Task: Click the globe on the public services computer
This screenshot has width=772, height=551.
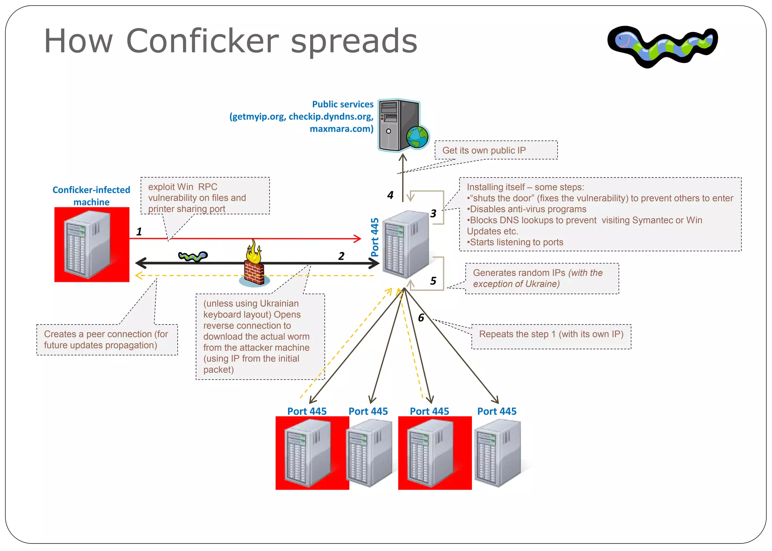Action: coord(417,136)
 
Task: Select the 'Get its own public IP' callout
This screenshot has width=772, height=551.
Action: coord(496,150)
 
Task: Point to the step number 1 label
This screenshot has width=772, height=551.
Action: coord(139,231)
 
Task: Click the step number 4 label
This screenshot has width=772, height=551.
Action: coord(390,195)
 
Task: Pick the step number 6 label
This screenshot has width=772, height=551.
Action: coord(421,318)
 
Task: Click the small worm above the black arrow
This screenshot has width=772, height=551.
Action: coord(193,256)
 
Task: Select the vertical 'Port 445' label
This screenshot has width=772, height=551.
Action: coord(374,237)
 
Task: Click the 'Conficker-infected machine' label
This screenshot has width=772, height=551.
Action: coord(91,196)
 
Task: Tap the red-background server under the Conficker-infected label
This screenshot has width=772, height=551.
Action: coord(92,244)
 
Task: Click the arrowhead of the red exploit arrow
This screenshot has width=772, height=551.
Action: coord(357,238)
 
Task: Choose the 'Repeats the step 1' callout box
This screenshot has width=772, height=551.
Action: coord(551,336)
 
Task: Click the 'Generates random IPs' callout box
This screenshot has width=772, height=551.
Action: coord(542,278)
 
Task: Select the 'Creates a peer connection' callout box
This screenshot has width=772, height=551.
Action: coord(107,339)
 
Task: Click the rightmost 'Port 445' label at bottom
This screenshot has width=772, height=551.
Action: coord(496,411)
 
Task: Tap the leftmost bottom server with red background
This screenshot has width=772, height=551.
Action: coord(312,453)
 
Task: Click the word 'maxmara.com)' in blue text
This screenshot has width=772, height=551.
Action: coord(341,129)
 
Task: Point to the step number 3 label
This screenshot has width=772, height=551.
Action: coord(433,214)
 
